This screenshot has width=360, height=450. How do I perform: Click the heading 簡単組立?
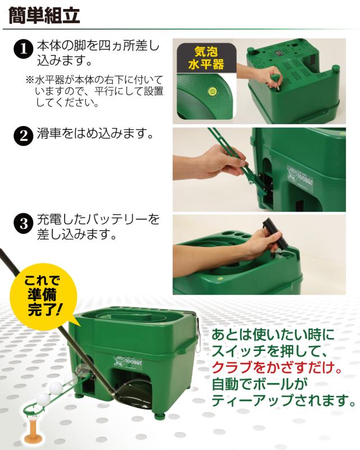[x=44, y=15]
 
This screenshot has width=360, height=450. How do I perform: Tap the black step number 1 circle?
[x=23, y=49]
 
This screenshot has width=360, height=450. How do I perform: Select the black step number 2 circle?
[x=23, y=136]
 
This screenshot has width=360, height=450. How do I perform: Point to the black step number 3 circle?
[x=23, y=223]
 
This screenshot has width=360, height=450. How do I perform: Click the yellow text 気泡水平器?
[x=206, y=58]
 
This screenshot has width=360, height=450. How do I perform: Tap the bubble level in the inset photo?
[x=213, y=92]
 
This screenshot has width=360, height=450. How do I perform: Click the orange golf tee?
[x=33, y=429]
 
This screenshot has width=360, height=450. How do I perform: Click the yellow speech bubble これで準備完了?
[x=44, y=298]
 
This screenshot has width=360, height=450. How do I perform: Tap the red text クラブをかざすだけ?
[x=277, y=367]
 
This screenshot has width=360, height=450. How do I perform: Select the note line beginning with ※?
[x=94, y=79]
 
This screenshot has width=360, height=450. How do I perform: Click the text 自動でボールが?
[x=259, y=384]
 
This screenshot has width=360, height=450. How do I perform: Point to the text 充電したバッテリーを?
[x=98, y=219]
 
